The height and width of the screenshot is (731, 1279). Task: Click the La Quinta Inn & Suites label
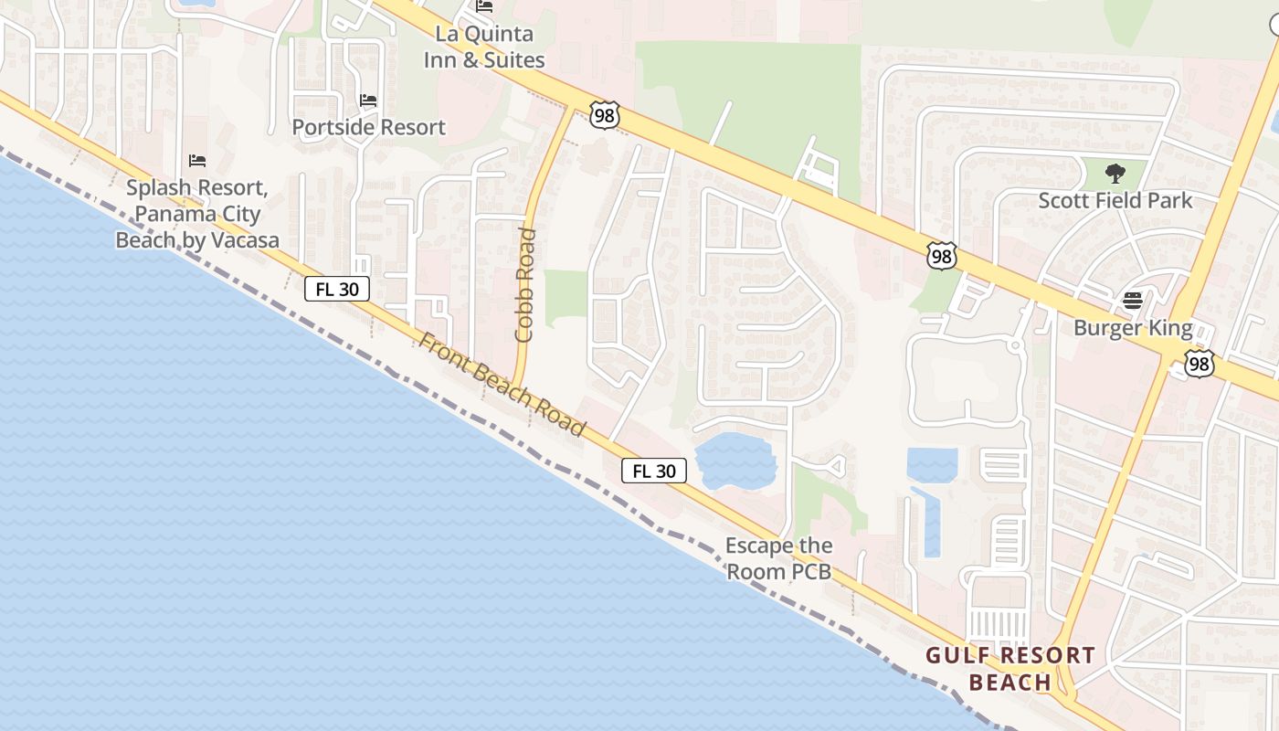tap(484, 48)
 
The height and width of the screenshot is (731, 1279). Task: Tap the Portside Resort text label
tap(369, 127)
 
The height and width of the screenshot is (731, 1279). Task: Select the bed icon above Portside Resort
tap(368, 100)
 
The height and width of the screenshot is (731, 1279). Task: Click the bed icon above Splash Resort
tap(197, 161)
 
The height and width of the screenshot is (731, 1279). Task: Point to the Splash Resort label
tap(197, 214)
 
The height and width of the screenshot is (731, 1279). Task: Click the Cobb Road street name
tap(525, 285)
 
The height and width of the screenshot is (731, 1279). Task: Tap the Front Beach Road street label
tap(502, 383)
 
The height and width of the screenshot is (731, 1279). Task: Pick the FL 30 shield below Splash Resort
tap(337, 289)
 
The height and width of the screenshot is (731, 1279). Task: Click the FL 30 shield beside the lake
tap(654, 471)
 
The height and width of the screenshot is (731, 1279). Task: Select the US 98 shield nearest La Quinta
tap(605, 115)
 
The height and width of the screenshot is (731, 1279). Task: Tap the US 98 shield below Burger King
tap(1200, 364)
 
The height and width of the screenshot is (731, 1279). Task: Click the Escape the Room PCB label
tap(778, 558)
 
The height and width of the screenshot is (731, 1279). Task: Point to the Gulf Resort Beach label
tap(1009, 669)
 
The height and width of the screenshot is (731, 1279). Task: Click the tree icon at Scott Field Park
tap(1115, 174)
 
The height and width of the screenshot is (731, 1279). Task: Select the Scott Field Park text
tap(1115, 200)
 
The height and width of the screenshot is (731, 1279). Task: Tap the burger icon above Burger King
tap(1133, 301)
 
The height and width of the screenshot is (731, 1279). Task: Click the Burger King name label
tap(1133, 328)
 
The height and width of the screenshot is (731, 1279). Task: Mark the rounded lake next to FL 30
tap(735, 461)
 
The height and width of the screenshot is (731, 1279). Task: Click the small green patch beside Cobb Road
tap(566, 298)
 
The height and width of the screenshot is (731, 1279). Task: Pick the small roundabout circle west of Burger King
tap(1013, 345)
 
